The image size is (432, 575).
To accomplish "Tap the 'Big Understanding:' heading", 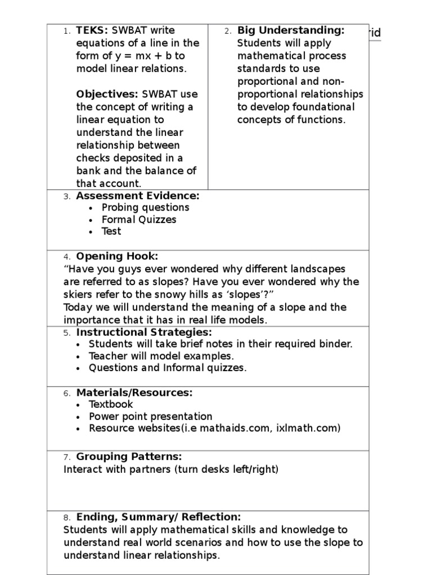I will [x=291, y=30].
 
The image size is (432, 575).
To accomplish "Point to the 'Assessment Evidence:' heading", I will [x=138, y=195].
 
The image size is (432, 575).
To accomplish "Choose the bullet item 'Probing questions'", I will [x=145, y=207].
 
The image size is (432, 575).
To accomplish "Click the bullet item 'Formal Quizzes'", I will [x=139, y=220].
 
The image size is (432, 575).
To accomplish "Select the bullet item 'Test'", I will [x=111, y=231].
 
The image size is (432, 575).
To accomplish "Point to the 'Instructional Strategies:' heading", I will [x=144, y=332].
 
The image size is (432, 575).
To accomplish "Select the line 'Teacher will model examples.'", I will [x=161, y=356].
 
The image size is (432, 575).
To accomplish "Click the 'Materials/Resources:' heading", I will [x=134, y=393].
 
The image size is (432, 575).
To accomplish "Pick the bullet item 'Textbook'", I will [x=111, y=404].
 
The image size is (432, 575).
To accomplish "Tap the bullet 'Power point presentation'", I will [x=151, y=417].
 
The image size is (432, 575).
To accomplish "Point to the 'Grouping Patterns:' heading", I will [x=129, y=457].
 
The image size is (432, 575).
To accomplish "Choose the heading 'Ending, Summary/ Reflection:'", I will [x=159, y=517].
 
